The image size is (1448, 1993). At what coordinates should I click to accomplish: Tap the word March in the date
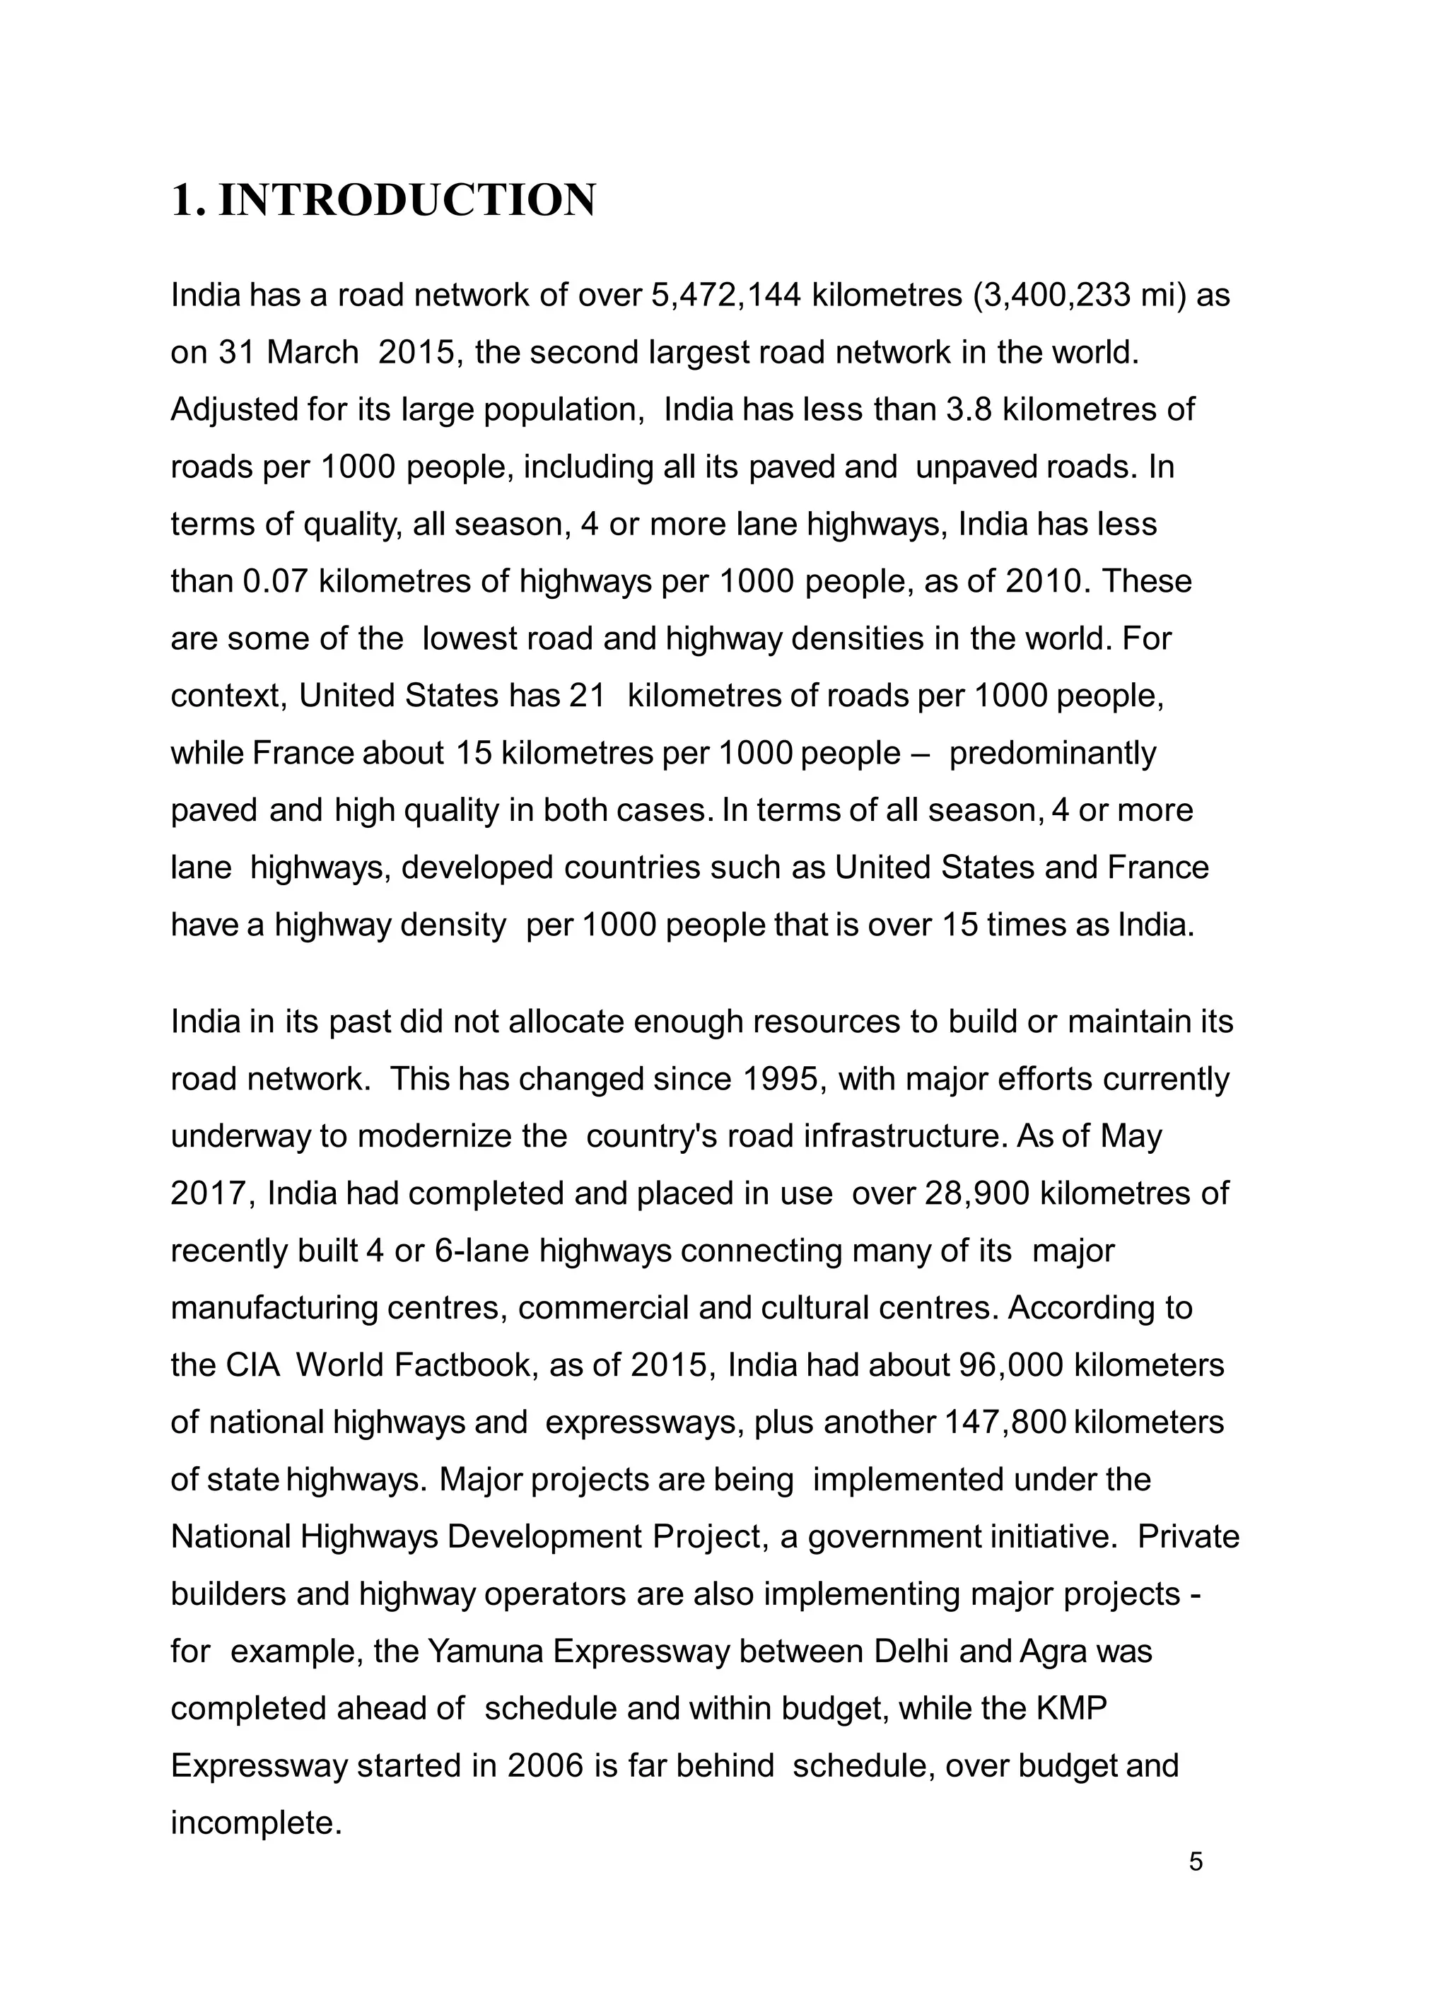(x=312, y=352)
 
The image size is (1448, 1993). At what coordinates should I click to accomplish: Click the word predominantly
(x=1053, y=753)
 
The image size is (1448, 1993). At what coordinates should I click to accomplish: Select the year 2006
(x=546, y=1765)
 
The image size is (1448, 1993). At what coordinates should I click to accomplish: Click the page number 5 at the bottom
(x=1195, y=1862)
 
